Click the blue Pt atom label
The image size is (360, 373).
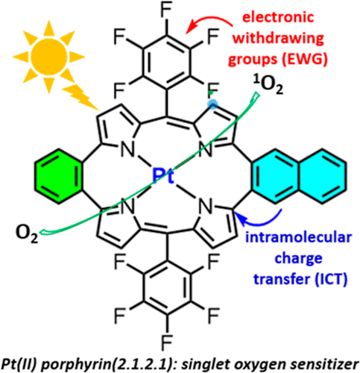(163, 176)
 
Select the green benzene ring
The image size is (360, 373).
(59, 176)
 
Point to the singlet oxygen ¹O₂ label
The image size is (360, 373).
(268, 85)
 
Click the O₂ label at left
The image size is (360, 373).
(27, 233)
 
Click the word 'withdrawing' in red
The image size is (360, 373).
(279, 38)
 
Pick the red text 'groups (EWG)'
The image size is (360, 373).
(278, 59)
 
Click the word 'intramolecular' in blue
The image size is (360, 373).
(299, 237)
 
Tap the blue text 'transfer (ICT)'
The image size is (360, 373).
(300, 279)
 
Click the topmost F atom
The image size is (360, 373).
(166, 10)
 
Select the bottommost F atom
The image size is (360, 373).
(166, 342)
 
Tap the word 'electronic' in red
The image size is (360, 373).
(278, 17)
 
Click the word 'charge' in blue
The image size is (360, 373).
(299, 259)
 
